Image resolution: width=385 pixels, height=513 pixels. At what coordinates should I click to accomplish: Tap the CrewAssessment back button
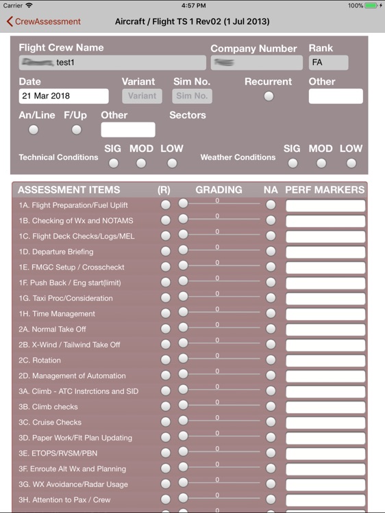coord(44,21)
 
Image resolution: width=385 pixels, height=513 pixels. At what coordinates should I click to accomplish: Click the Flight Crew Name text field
coord(112,63)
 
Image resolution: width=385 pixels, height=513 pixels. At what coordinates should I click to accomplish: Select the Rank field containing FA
coord(328,63)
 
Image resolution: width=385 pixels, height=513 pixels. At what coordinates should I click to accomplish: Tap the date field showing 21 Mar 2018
coord(64,96)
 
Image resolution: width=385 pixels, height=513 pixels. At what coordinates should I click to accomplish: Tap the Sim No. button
coord(192,96)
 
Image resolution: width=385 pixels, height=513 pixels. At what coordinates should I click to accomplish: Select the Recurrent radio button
coord(269,96)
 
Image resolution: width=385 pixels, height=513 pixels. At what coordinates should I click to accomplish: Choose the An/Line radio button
coord(34,130)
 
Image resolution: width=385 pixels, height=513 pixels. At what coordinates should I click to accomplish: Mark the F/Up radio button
coord(76,130)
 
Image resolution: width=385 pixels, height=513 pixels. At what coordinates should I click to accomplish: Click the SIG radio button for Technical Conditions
coord(113,163)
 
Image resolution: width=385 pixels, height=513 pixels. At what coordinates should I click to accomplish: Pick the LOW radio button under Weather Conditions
coord(351,163)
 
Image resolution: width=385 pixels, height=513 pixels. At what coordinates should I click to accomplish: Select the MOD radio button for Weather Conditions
coord(321,163)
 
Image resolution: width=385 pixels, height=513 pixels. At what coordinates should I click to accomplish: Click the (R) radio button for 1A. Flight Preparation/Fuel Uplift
coord(165,205)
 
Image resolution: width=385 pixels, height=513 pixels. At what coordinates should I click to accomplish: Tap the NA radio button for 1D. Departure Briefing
coord(271,251)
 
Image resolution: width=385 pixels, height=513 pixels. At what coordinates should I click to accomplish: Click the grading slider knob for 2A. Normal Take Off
coord(183,328)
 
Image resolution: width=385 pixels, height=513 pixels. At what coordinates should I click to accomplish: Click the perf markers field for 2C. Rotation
coord(325,360)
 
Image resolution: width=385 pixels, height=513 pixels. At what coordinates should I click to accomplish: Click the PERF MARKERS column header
coord(325,189)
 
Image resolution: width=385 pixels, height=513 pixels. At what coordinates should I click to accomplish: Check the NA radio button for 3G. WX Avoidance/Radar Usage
coord(271,484)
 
